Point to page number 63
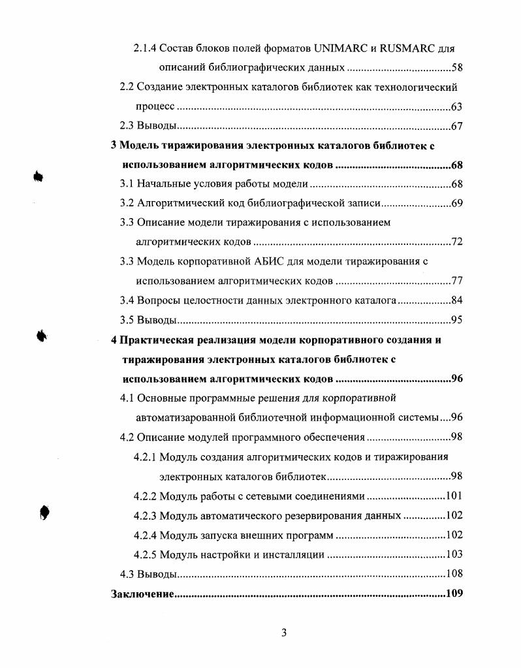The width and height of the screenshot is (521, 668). click(x=457, y=107)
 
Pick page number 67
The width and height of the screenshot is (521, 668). click(x=457, y=126)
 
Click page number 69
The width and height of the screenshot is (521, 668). click(x=457, y=204)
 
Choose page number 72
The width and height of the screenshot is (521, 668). click(x=457, y=242)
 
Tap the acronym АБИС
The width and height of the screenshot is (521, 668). click(x=268, y=262)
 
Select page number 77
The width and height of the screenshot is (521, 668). click(x=457, y=281)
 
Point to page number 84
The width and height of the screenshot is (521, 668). click(x=457, y=300)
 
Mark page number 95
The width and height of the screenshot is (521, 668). click(x=457, y=320)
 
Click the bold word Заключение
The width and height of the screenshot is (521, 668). click(x=142, y=594)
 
